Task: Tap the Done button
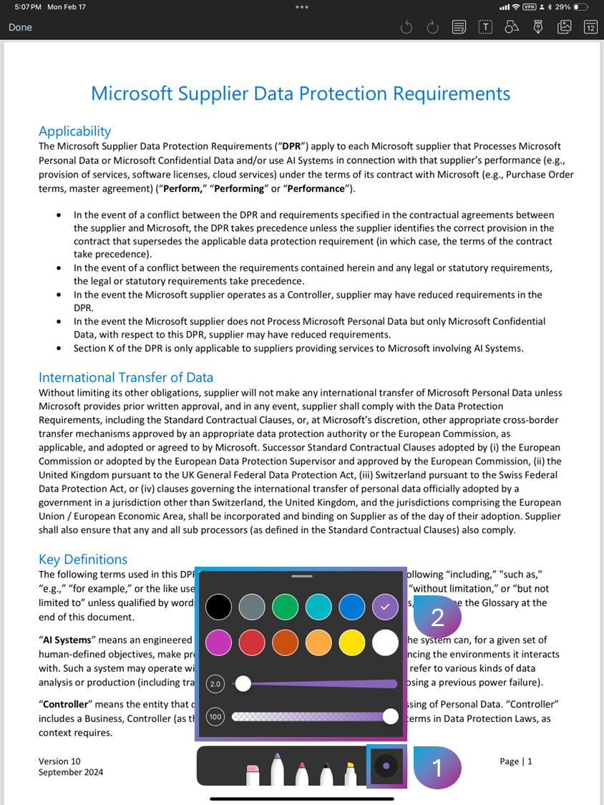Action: click(x=20, y=27)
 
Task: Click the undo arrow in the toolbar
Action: click(x=406, y=27)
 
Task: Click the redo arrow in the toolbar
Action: click(x=432, y=27)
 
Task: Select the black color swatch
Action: click(x=219, y=608)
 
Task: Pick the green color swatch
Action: click(x=285, y=608)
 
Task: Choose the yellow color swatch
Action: click(x=351, y=643)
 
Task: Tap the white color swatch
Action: click(x=385, y=643)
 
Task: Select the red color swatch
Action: click(x=252, y=643)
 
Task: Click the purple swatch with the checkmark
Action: click(x=385, y=608)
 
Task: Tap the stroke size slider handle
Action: click(x=243, y=683)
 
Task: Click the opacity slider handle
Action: click(x=390, y=716)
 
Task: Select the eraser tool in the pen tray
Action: click(x=251, y=773)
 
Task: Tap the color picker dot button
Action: click(x=386, y=766)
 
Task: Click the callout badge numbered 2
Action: click(x=437, y=617)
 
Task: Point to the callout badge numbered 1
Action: click(x=437, y=767)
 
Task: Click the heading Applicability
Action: click(x=74, y=131)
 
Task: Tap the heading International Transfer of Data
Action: click(x=126, y=377)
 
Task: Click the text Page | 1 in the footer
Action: click(x=516, y=761)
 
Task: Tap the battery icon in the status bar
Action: click(x=580, y=6)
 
